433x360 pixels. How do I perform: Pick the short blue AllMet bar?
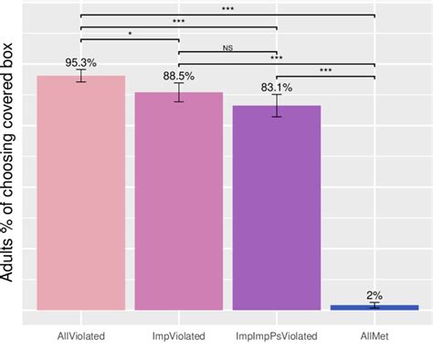[375, 307]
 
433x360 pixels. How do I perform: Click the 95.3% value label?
[81, 62]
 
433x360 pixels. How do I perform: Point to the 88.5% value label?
[179, 76]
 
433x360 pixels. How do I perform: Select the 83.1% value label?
[277, 89]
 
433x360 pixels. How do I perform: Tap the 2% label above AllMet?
[375, 296]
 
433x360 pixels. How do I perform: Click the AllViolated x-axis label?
[80, 336]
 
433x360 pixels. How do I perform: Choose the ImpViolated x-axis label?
[179, 336]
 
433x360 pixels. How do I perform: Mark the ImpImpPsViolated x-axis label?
[277, 336]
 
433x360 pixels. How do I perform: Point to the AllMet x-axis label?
[375, 336]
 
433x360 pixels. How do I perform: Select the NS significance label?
[227, 48]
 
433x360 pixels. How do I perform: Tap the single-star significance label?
[130, 34]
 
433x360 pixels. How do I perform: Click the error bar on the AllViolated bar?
[81, 76]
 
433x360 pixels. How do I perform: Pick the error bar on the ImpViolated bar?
[179, 92]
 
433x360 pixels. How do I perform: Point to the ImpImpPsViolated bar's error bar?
[277, 106]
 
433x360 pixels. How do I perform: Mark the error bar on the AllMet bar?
[375, 305]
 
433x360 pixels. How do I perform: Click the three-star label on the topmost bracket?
[227, 9]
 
